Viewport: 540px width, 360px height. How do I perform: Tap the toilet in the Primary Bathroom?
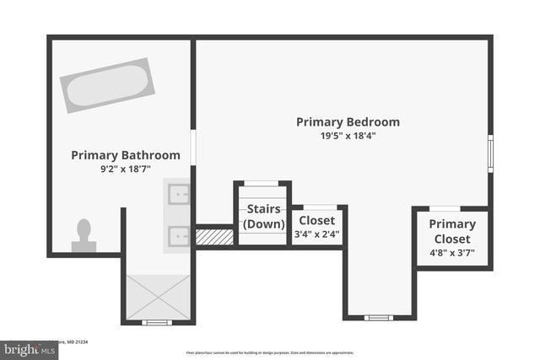[x=84, y=236]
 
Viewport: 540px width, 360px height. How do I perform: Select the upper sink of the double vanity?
[x=179, y=195]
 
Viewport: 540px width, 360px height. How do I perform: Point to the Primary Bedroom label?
[x=348, y=122]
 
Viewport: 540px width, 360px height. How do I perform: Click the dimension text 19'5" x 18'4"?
[x=348, y=136]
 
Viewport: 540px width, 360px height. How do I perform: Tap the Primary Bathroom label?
[x=125, y=155]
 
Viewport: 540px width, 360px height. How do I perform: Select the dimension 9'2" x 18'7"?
[x=125, y=169]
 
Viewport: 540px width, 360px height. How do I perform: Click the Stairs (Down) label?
[x=263, y=217]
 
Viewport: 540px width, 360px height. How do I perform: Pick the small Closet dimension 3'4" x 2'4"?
[x=317, y=234]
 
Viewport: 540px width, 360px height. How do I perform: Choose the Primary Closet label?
[x=452, y=232]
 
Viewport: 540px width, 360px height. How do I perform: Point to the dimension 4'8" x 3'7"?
[x=452, y=252]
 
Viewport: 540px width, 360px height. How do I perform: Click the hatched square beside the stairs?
[x=214, y=237]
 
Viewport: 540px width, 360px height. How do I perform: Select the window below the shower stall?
[x=157, y=322]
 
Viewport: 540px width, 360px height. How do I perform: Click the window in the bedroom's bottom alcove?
[x=379, y=318]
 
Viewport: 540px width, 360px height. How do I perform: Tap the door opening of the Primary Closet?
[x=445, y=208]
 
